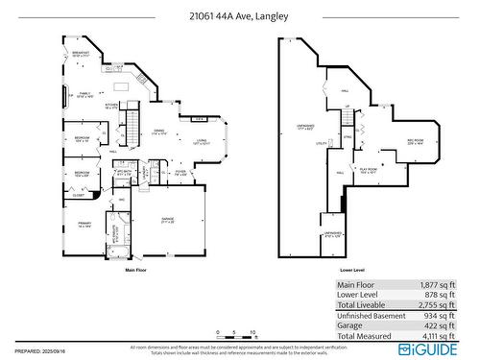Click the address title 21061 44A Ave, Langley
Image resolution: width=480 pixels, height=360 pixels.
[240, 16]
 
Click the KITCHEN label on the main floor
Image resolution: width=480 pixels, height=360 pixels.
[110, 107]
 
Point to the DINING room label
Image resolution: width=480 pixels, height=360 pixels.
[159, 132]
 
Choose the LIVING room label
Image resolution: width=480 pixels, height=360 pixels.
[203, 142]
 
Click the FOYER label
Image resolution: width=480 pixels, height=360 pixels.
[180, 174]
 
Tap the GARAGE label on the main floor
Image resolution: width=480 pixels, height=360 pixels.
[167, 221]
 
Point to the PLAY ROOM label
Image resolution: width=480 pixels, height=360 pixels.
[369, 170]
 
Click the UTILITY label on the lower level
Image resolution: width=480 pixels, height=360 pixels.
[322, 143]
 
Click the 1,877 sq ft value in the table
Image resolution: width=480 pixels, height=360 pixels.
[437, 285]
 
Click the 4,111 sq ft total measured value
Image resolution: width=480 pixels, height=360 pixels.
[437, 336]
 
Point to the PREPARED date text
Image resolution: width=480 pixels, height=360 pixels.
[38, 350]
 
